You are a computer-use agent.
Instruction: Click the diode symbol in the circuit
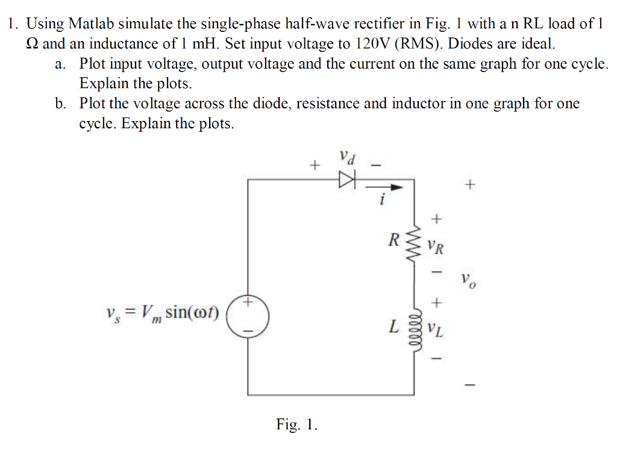point(348,179)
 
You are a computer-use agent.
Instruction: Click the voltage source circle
point(248,315)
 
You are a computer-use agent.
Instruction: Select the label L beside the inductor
point(393,328)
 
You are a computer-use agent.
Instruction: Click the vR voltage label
point(437,246)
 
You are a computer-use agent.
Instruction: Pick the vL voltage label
point(437,331)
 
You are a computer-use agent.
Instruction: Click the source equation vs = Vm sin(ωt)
point(162,312)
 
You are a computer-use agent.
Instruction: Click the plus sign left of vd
point(313,163)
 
